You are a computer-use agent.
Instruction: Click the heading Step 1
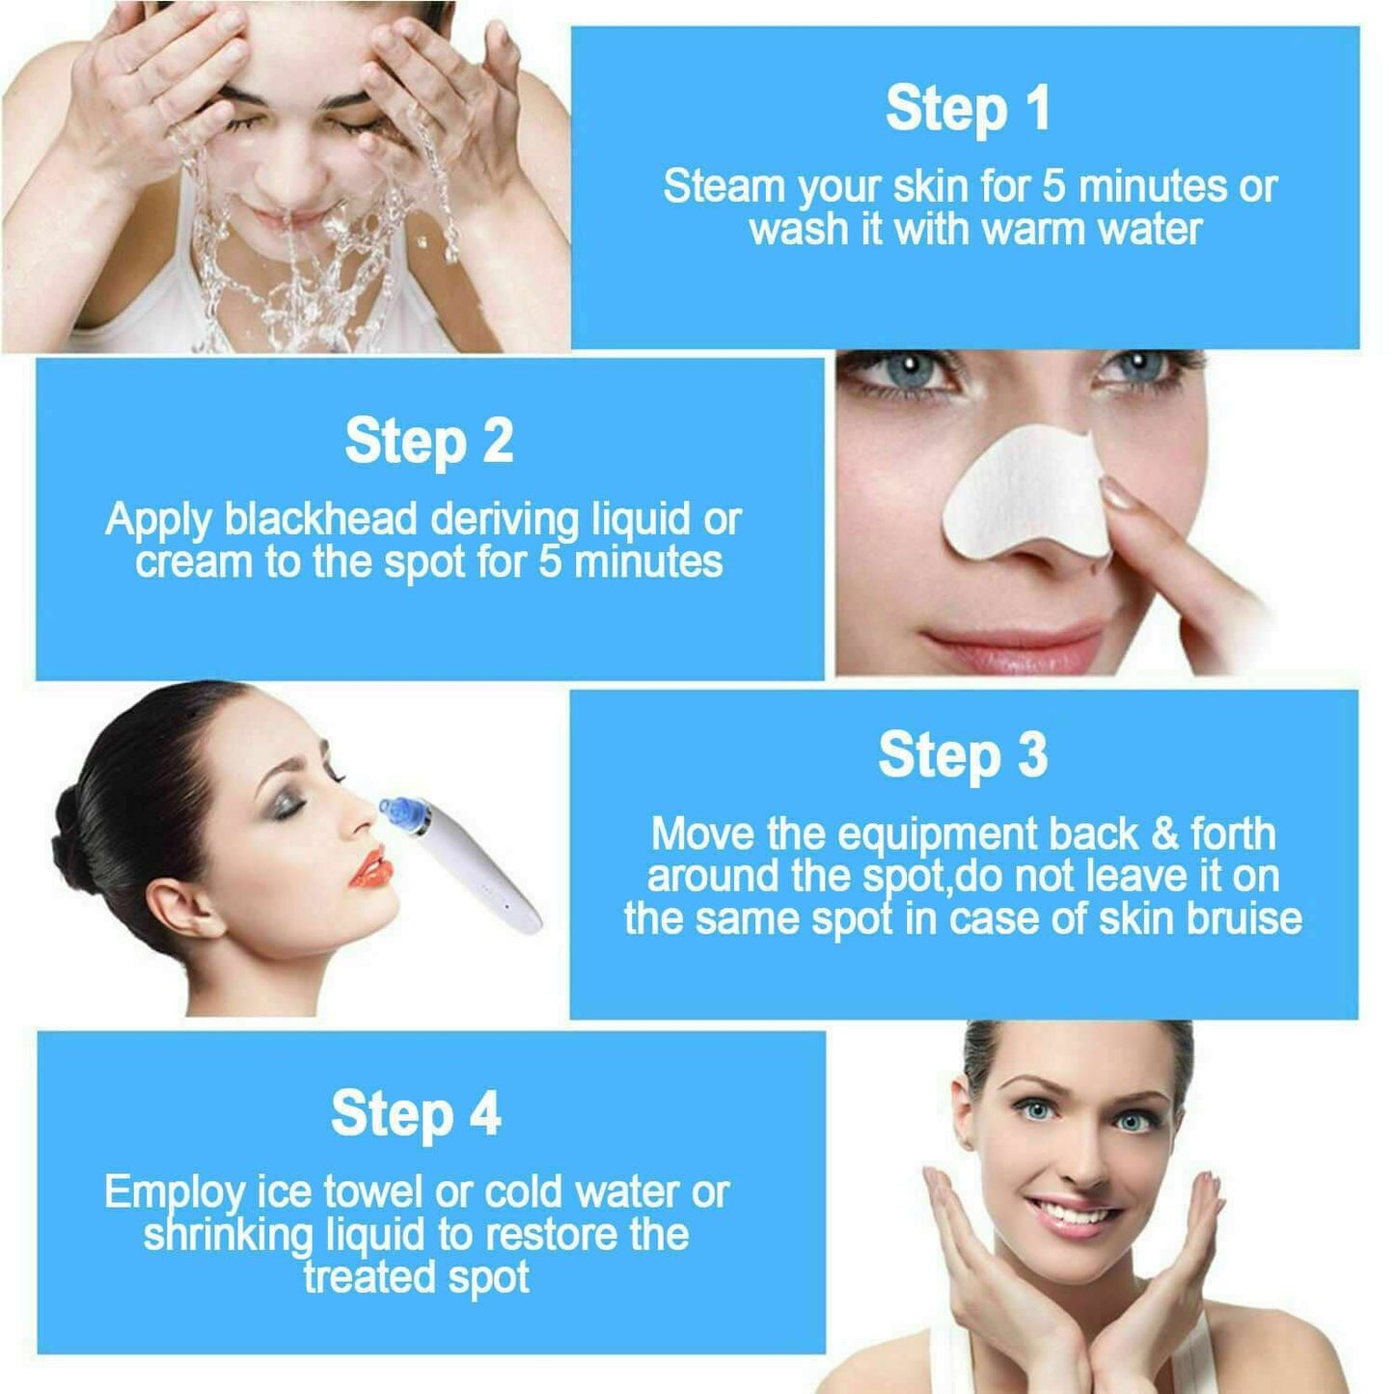968,108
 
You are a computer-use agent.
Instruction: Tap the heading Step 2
429,442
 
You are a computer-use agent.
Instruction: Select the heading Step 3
963,755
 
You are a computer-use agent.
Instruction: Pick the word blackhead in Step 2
322,519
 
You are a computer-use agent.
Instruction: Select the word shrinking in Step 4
229,1235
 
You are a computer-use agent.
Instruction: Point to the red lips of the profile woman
369,866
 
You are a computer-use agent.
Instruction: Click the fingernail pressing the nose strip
1120,496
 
